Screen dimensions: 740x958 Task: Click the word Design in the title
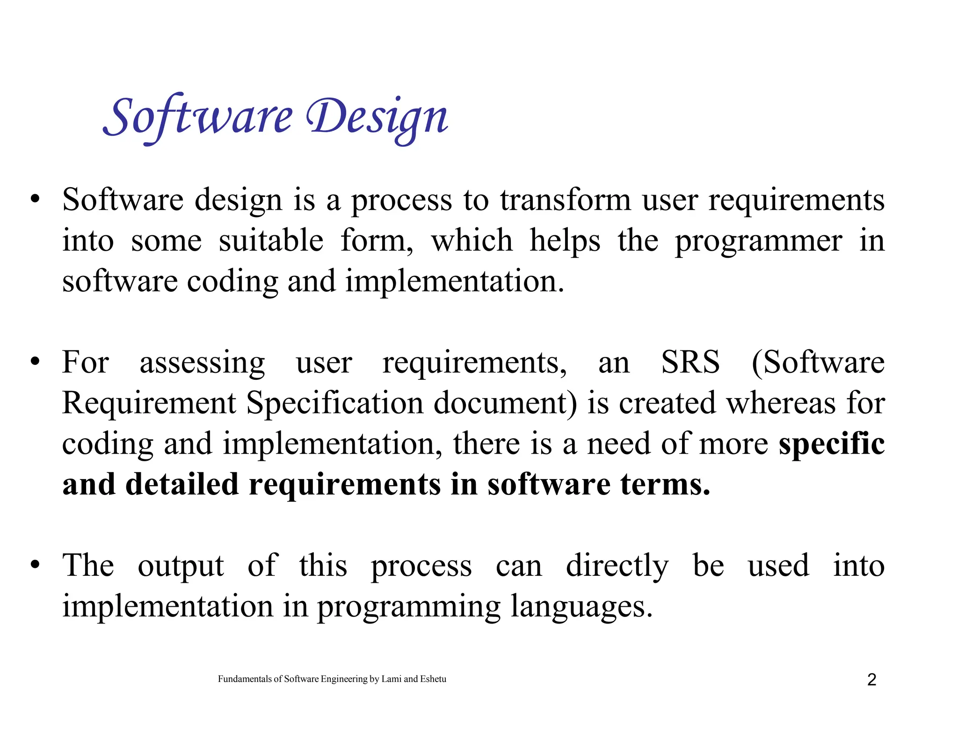coord(377,117)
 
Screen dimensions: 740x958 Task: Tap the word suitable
coord(271,241)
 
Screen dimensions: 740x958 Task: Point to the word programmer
coord(758,242)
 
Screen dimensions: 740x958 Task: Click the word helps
coord(565,242)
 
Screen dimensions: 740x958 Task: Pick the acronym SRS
coord(690,363)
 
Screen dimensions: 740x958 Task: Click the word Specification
coord(334,403)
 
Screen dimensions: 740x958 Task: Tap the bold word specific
coord(831,444)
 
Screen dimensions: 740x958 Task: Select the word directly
coord(617,566)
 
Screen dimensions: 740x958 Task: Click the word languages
coord(581,607)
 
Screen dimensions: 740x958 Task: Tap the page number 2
coord(871,680)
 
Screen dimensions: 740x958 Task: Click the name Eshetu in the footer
coord(433,679)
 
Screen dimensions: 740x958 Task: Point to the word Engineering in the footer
coord(344,680)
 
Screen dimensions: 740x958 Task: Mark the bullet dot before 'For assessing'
coord(35,362)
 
